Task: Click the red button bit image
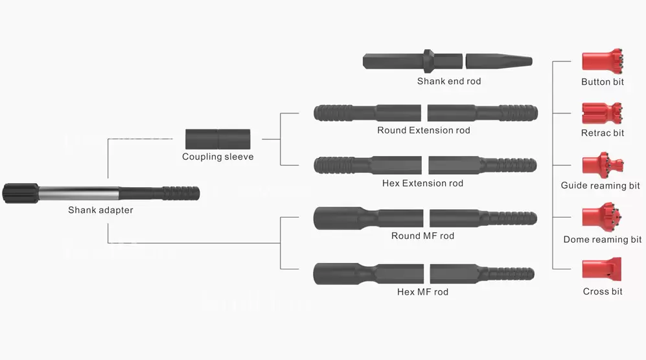pyautogui.click(x=602, y=62)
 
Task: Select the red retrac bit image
pyautogui.click(x=602, y=114)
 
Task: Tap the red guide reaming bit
pyautogui.click(x=602, y=165)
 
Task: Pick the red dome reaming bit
pyautogui.click(x=602, y=219)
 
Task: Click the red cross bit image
pyautogui.click(x=602, y=268)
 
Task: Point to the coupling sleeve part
pyautogui.click(x=218, y=139)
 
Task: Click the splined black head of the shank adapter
pyautogui.click(x=20, y=193)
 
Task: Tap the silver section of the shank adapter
pyautogui.click(x=78, y=193)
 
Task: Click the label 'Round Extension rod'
pyautogui.click(x=424, y=130)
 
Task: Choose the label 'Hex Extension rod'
pyautogui.click(x=422, y=183)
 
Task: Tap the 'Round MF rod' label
pyautogui.click(x=422, y=236)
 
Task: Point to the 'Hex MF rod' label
pyautogui.click(x=422, y=292)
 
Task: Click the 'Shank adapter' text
pyautogui.click(x=100, y=210)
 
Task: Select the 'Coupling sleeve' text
pyautogui.click(x=218, y=157)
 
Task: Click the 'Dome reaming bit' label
pyautogui.click(x=602, y=240)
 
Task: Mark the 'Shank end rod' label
pyautogui.click(x=449, y=82)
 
